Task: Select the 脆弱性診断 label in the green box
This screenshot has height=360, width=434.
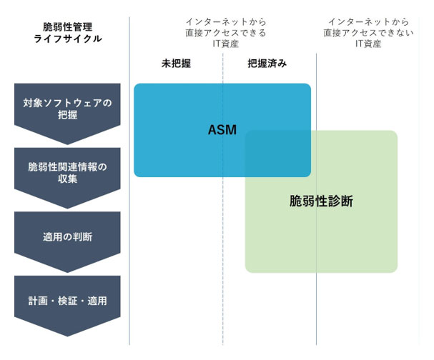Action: click(321, 201)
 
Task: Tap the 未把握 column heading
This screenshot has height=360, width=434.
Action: click(176, 63)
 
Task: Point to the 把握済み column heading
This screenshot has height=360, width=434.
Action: click(267, 63)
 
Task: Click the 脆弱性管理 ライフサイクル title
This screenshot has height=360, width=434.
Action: click(68, 33)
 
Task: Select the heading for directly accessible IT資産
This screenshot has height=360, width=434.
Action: click(222, 33)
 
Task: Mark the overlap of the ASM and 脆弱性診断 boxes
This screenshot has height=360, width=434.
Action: click(278, 154)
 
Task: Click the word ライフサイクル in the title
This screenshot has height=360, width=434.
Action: click(68, 39)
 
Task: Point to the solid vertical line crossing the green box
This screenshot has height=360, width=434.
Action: click(317, 214)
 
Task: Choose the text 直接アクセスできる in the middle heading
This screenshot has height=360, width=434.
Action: click(222, 33)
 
